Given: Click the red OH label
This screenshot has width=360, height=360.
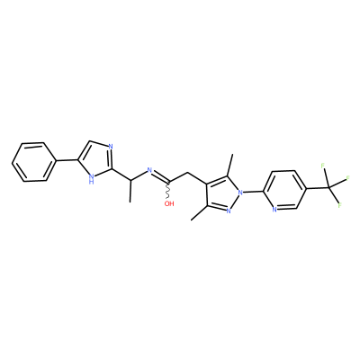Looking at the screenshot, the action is (169, 203).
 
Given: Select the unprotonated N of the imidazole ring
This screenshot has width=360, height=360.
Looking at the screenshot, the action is (111, 147).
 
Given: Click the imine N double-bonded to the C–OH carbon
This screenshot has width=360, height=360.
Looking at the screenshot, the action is (150, 171).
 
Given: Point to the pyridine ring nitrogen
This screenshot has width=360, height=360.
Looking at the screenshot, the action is (274, 210).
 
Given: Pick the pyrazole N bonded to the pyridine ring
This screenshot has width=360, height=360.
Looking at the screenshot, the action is (239, 192).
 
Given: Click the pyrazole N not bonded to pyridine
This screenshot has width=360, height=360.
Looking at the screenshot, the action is (229, 211).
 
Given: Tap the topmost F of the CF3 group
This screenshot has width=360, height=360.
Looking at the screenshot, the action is (323, 166).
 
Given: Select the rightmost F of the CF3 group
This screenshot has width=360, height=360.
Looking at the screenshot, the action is (348, 179).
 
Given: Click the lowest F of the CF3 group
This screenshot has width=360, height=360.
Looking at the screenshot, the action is (340, 205).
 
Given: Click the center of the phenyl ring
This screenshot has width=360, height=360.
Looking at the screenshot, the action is (34, 162).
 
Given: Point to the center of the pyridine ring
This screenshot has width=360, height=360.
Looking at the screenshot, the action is (284, 190).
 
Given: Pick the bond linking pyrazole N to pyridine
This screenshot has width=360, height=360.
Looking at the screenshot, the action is (253, 191).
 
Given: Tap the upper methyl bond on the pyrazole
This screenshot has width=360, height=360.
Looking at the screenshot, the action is (230, 166).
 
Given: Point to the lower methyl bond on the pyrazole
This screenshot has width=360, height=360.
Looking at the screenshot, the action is (199, 212).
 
